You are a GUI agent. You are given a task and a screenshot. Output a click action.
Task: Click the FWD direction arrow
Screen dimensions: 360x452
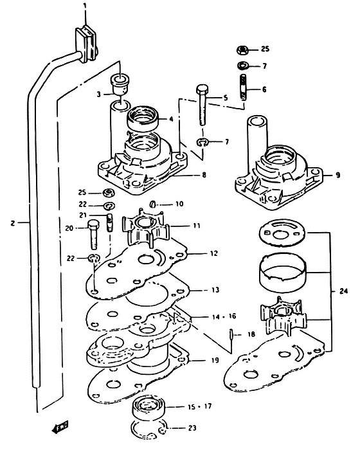pyautogui.click(x=60, y=427)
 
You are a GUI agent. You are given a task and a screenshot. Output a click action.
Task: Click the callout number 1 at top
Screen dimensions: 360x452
pyautogui.click(x=85, y=6)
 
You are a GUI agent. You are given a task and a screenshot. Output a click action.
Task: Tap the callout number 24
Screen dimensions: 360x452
pyautogui.click(x=343, y=291)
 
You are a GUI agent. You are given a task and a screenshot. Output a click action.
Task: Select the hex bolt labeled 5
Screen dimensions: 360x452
pyautogui.click(x=203, y=105)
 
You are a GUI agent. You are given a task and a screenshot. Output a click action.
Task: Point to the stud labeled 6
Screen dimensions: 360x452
pyautogui.click(x=244, y=87)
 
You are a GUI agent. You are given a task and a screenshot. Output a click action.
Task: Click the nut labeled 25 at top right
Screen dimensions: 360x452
pyautogui.click(x=243, y=50)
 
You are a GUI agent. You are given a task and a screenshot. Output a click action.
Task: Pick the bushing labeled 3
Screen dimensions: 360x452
pyautogui.click(x=120, y=84)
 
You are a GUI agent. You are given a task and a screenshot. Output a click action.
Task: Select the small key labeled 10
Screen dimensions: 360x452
pyautogui.click(x=153, y=204)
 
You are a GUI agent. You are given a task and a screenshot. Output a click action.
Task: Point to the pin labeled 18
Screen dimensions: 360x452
pyautogui.click(x=231, y=334)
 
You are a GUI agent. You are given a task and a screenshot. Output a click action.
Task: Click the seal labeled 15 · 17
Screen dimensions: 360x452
pyautogui.click(x=148, y=406)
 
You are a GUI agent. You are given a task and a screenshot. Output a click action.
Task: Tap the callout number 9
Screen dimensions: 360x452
pyautogui.click(x=337, y=175)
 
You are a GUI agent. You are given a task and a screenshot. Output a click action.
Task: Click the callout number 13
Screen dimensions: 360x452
pyautogui.click(x=215, y=290)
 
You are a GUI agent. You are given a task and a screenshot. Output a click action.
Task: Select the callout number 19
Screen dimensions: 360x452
pyautogui.click(x=215, y=360)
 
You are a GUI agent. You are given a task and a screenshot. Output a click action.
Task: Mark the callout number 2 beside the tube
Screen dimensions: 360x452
pyautogui.click(x=12, y=223)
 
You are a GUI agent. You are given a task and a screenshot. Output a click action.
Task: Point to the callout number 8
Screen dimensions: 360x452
pyautogui.click(x=204, y=175)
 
